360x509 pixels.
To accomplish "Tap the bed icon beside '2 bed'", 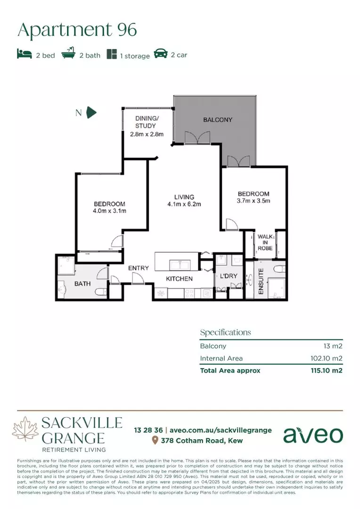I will [24, 54].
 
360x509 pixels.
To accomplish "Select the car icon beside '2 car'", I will [160, 54].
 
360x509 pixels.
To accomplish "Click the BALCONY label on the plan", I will [218, 120].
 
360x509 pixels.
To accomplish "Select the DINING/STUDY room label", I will [147, 123].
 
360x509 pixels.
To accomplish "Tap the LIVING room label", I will [184, 197].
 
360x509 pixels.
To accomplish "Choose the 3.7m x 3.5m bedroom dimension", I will [254, 201].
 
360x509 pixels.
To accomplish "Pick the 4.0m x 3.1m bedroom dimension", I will [110, 211].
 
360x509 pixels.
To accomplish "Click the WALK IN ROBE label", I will [265, 242].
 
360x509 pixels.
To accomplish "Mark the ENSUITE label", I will [261, 282].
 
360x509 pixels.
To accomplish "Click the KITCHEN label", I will [179, 279].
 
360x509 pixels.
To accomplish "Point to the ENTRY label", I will [139, 268].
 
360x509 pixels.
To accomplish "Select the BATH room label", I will [82, 284].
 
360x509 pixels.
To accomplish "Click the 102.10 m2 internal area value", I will [323, 358].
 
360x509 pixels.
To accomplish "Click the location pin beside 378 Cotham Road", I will [155, 441].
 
